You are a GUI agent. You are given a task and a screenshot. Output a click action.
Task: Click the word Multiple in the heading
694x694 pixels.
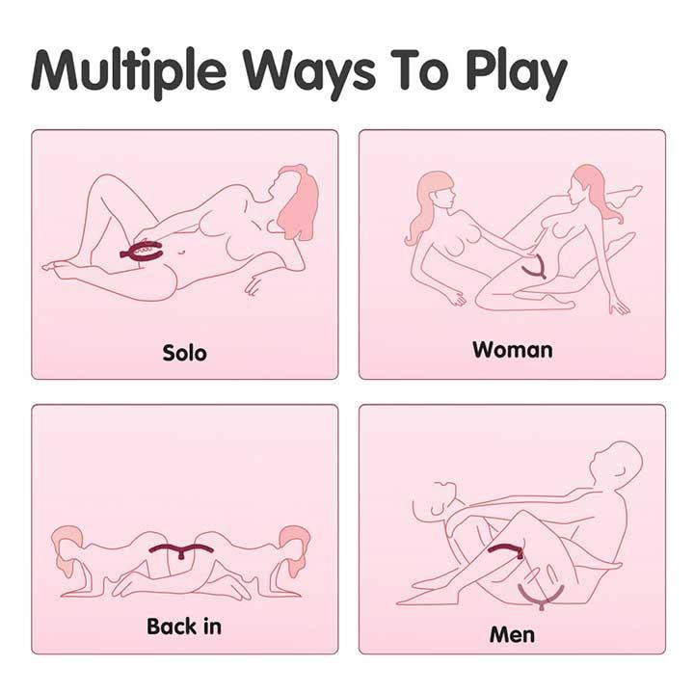pos(129,70)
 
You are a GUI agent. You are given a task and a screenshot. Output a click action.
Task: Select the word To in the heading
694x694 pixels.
pos(419,69)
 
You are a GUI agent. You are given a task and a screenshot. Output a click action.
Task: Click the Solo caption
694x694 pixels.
pos(184,353)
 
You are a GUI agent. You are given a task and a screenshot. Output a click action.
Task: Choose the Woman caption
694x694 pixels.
pos(513,350)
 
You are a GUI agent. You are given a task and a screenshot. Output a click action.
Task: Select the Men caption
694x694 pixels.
pos(512,634)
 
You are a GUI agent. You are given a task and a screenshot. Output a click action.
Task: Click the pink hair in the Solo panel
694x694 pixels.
pos(298,201)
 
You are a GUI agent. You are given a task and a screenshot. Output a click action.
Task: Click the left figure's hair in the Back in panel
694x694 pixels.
pos(67,548)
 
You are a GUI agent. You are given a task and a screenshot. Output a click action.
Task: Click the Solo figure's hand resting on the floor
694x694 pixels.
pos(254,285)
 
